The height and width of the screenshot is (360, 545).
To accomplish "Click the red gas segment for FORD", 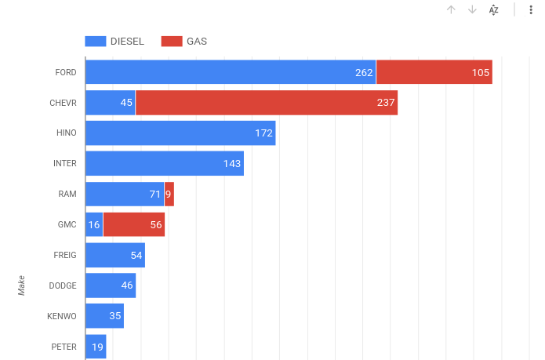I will point(434,72).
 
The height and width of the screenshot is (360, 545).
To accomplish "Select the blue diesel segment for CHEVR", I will point(110,103).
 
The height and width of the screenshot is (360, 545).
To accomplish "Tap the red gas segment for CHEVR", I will point(267,103).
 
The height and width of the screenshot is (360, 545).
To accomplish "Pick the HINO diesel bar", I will point(180,133).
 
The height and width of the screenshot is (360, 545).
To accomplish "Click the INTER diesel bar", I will point(165,163).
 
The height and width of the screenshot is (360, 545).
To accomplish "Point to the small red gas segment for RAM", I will point(169,194).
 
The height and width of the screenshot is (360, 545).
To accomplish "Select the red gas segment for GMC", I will point(133,224).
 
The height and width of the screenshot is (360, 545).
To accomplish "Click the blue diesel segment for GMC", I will point(94,224).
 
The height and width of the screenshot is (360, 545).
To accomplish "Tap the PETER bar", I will point(96,347).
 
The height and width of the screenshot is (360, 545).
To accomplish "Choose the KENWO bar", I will point(104,316).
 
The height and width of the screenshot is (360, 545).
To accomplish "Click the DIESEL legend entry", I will point(114,42).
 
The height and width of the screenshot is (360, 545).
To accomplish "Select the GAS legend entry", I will point(184,42).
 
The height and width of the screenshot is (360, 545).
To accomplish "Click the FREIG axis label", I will point(65,255).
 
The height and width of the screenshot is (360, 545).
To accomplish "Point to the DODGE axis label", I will point(63,285).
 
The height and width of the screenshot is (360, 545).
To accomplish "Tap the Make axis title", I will point(22,285).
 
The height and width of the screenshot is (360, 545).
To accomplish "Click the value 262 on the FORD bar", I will point(364,72).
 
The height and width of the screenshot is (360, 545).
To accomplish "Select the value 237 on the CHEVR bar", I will point(386,103).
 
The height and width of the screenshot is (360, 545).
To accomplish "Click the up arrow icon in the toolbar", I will point(451,9).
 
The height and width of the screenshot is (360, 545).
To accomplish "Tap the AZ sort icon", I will point(493,9).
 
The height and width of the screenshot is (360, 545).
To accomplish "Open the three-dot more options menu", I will point(531,9).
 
